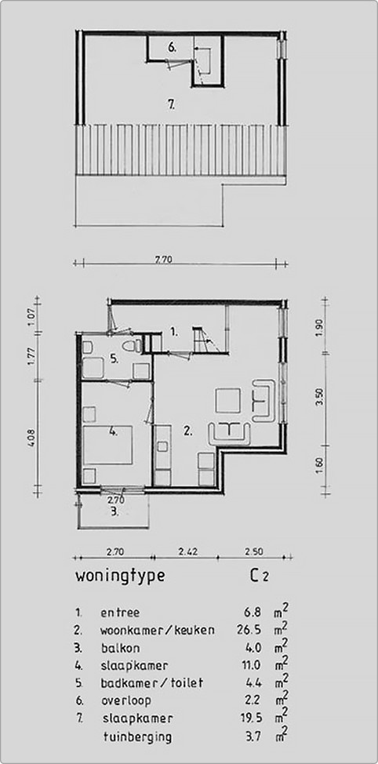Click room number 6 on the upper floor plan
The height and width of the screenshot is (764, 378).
point(171,48)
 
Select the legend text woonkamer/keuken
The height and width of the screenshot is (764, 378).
point(157,630)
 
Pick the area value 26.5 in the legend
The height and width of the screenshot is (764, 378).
point(257,630)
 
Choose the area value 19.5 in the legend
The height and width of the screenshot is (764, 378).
point(257,719)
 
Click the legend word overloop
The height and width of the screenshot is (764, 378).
point(127,700)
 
